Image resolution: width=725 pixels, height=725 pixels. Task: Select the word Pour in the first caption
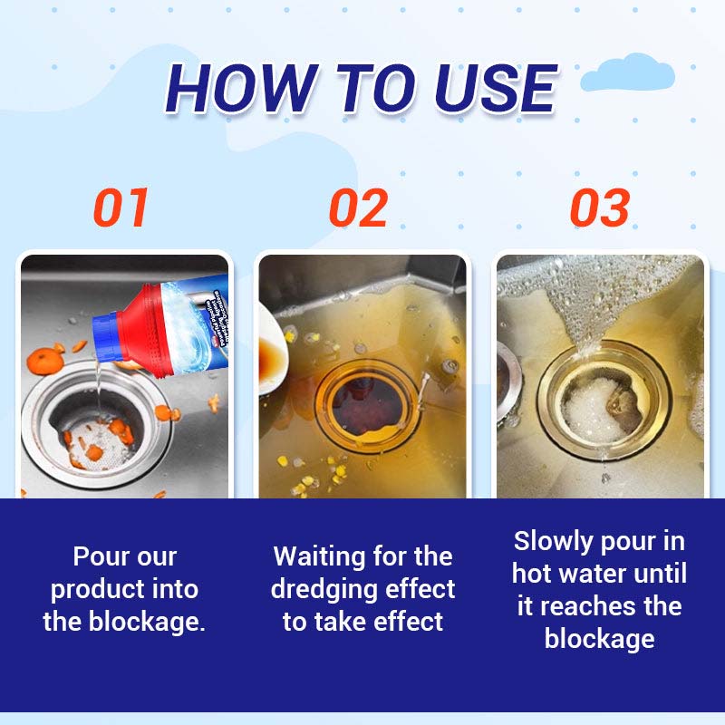pos(99,556)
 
